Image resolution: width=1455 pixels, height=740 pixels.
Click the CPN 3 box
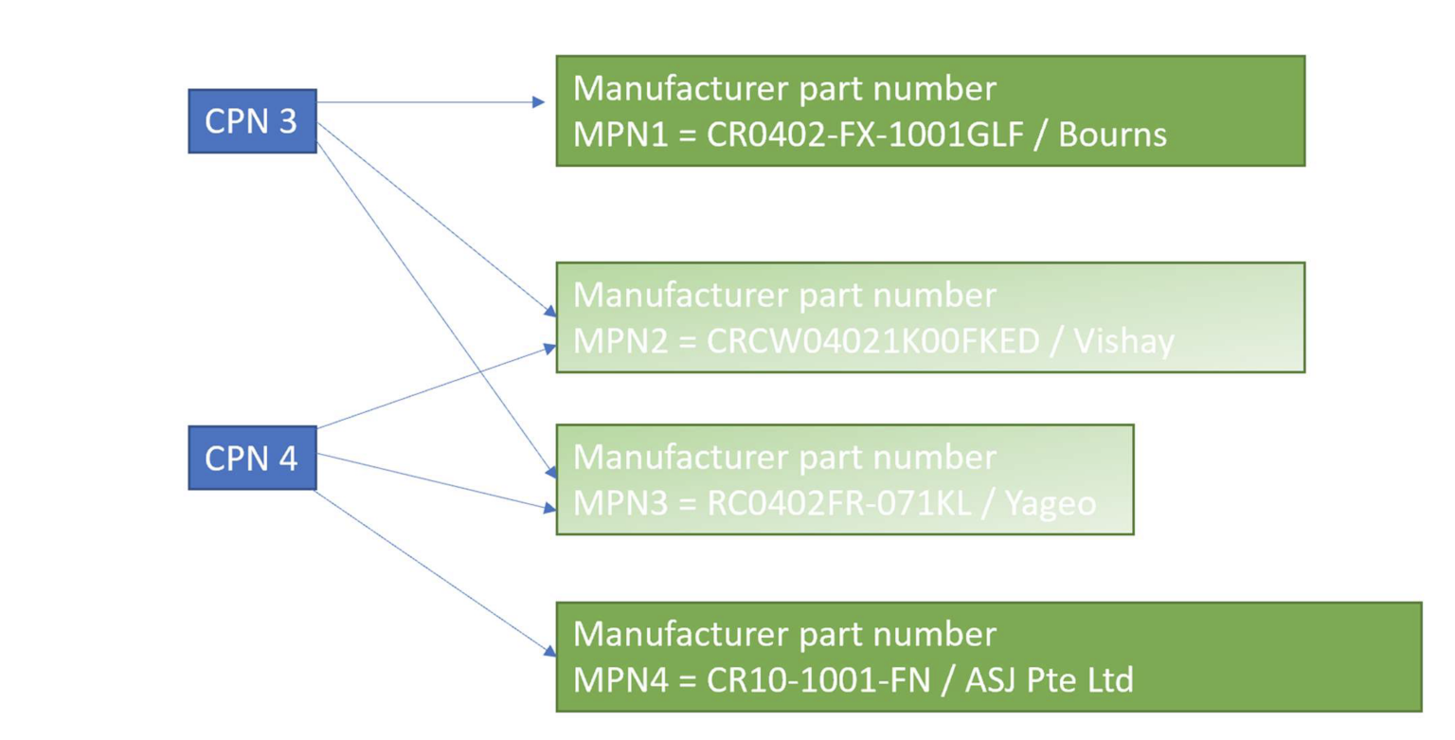(252, 122)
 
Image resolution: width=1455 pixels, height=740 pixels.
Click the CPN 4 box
(252, 459)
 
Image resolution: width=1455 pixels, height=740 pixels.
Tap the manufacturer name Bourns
(1112, 135)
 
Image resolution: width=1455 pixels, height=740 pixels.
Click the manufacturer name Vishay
(1124, 341)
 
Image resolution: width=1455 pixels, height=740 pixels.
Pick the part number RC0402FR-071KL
(839, 502)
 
